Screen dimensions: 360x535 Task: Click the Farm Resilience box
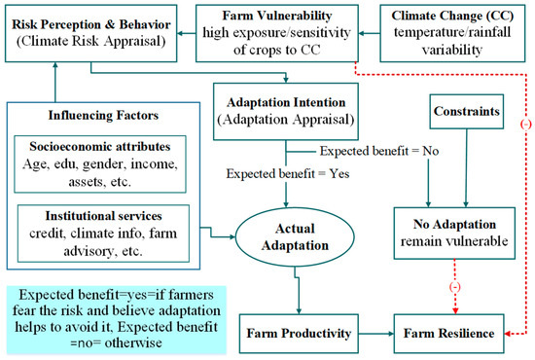(448, 335)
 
